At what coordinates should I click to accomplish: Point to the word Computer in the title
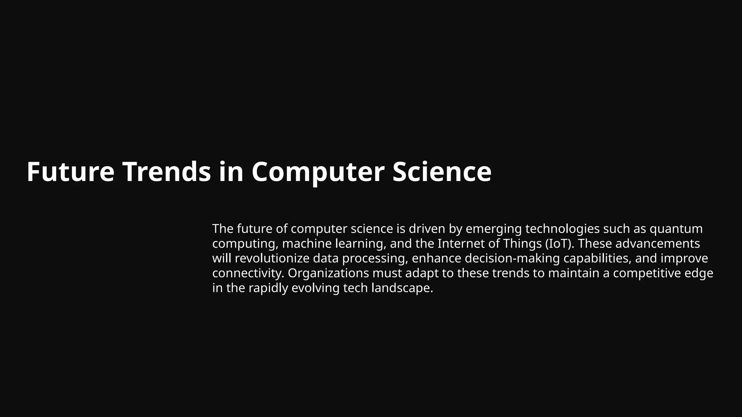pos(318,172)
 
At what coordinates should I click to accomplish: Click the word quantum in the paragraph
pos(676,229)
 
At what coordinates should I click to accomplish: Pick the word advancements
pos(658,244)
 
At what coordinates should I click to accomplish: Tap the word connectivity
pos(248,273)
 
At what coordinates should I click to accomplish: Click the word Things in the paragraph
pos(522,244)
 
